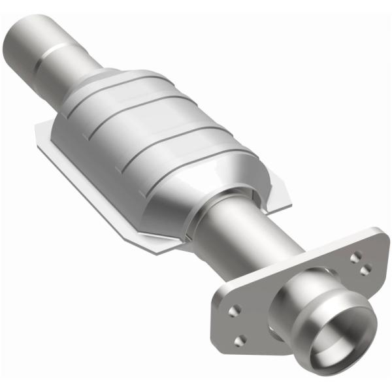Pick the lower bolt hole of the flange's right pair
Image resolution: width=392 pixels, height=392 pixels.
point(366,269)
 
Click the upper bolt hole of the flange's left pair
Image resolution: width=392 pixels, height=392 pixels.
point(235,310)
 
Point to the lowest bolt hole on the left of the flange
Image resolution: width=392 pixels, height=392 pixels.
point(241,340)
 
